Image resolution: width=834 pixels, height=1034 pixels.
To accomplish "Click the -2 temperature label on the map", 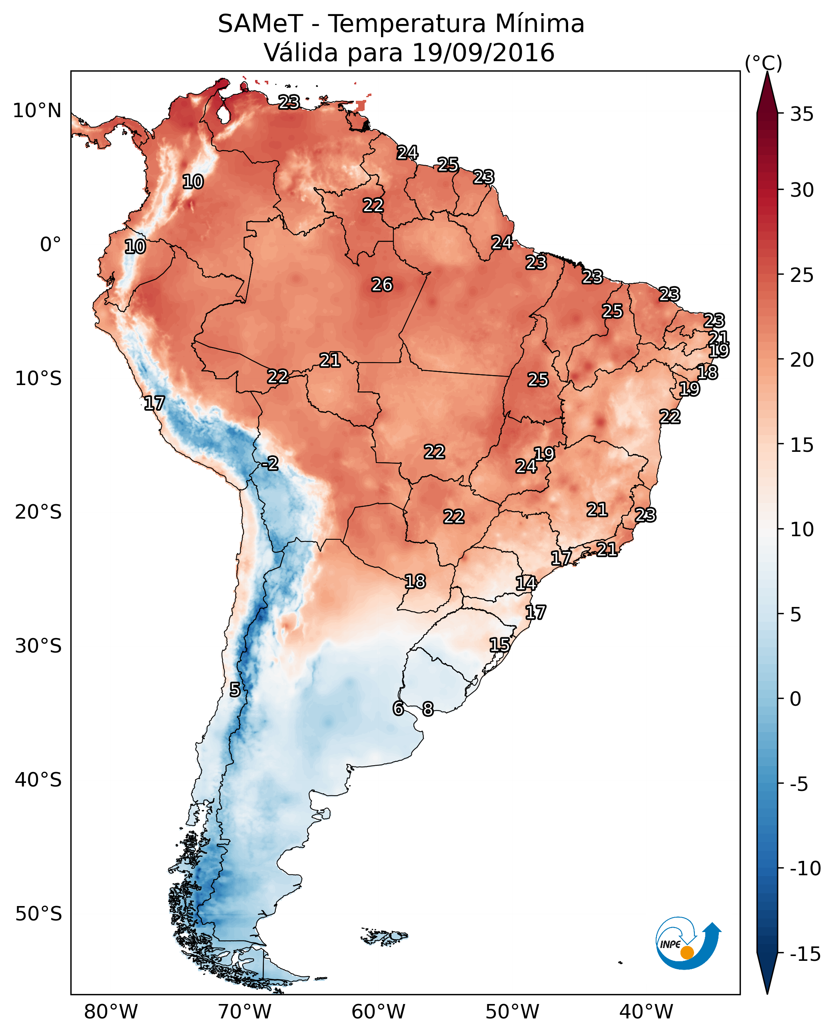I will tap(270, 464).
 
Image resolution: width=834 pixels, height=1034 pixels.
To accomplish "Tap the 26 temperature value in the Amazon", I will tap(382, 285).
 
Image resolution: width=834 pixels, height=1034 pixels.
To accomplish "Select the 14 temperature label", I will tap(526, 583).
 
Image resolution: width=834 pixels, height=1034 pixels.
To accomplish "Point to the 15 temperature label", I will tap(500, 645).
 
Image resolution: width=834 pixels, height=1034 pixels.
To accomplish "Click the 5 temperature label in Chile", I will tap(234, 690).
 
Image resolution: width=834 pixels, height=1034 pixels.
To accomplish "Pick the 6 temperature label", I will tap(398, 709).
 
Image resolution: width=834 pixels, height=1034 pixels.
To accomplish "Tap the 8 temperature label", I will tap(427, 709).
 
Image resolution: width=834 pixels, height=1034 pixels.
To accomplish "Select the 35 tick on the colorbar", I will tap(802, 114).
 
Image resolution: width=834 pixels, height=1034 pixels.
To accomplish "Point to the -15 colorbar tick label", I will tap(805, 954).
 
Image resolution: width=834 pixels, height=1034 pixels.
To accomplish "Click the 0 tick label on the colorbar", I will tap(796, 699).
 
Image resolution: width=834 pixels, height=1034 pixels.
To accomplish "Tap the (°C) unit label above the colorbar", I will tap(763, 63).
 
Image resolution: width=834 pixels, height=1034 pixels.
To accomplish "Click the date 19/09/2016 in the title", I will tap(483, 52).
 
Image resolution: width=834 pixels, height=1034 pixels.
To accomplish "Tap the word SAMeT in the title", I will tap(260, 24).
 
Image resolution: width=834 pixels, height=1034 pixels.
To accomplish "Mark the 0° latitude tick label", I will tap(50, 245).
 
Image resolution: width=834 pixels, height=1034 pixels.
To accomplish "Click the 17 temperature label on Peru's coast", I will tap(154, 403).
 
